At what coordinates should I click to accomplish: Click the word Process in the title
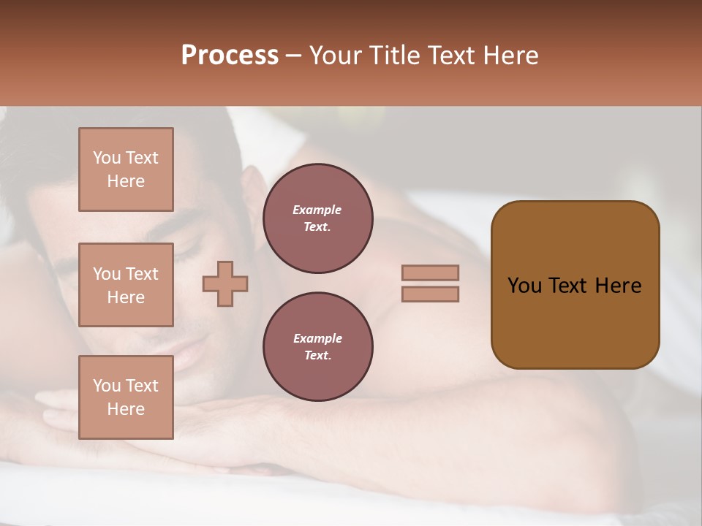(x=229, y=55)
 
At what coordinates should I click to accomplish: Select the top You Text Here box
(x=126, y=169)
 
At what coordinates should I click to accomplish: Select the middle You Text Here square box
(x=126, y=285)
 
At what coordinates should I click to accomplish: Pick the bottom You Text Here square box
(x=126, y=397)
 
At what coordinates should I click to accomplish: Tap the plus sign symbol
(x=225, y=283)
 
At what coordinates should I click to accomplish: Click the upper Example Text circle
(x=317, y=218)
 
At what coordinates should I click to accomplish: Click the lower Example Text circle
(x=317, y=347)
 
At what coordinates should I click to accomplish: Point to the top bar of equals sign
(x=431, y=272)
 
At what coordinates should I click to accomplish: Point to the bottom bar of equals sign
(x=431, y=294)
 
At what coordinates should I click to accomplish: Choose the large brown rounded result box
(x=575, y=285)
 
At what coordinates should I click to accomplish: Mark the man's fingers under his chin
(x=66, y=409)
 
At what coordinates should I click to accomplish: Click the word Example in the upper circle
(x=317, y=210)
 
